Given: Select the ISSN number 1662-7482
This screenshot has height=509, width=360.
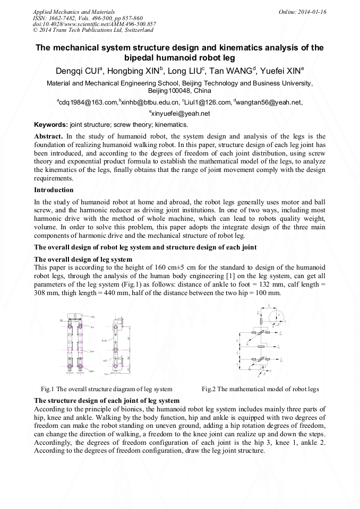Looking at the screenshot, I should click(66, 18).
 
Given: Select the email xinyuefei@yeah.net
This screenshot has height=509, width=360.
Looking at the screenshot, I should click(181, 114).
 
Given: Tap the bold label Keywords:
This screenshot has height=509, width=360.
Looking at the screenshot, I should click(51, 125).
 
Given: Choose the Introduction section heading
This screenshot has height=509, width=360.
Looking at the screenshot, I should click(54, 189).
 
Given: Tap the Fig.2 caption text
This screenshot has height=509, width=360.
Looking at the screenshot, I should click(260, 389).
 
